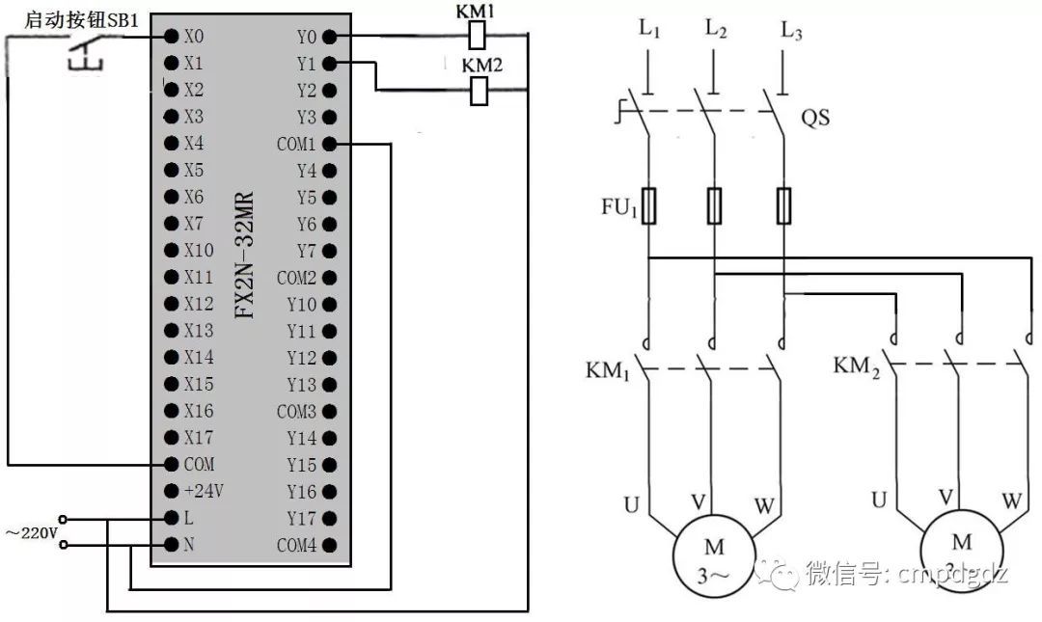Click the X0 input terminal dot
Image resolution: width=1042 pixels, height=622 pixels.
172,37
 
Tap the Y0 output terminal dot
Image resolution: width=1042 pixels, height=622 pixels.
329,37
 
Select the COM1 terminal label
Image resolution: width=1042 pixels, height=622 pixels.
296,145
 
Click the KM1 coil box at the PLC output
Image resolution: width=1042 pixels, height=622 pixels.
477,37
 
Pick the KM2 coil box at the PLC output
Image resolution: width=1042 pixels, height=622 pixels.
478,92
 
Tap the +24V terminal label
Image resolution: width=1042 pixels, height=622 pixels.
204,491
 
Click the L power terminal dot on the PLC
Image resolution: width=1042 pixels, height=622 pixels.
172,518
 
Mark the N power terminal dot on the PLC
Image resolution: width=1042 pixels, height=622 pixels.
172,545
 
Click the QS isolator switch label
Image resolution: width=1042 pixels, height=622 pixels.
815,120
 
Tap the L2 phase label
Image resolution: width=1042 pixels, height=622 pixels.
715,31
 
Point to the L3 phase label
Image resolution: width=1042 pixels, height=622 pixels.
791,31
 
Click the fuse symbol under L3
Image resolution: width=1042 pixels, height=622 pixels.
784,204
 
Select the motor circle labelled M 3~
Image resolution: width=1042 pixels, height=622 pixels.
714,557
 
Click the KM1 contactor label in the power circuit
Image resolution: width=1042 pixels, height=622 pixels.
607,370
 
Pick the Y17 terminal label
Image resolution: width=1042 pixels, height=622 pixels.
301,518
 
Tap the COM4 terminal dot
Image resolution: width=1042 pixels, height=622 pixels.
329,545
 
